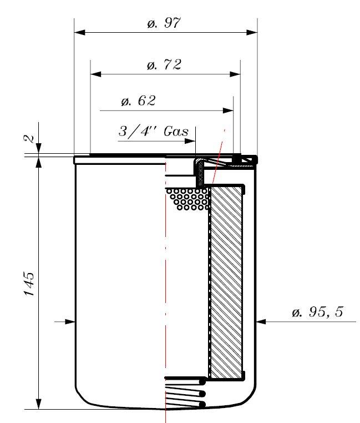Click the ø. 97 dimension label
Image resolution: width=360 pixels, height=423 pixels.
(x=164, y=23)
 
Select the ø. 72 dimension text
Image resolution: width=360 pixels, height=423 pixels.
(x=164, y=65)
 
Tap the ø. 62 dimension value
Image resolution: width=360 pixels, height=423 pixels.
(x=138, y=101)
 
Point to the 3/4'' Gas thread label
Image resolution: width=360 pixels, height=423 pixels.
(x=154, y=132)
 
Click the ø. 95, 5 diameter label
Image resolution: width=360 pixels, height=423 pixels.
(x=317, y=312)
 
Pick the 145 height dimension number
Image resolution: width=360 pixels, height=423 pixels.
(x=29, y=284)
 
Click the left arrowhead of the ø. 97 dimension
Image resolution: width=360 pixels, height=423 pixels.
(x=79, y=32)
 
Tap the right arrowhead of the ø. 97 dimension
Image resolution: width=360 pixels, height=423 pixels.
(x=252, y=32)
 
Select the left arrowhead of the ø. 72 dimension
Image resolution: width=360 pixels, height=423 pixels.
(x=96, y=74)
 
